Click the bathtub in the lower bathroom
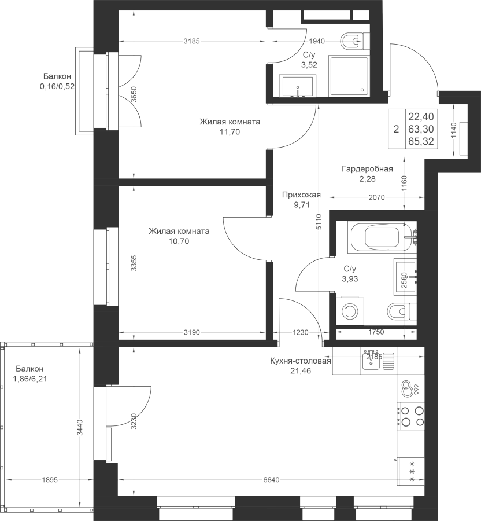[x=373, y=237]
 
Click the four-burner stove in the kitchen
[x=411, y=416]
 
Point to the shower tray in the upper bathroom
[x=347, y=76]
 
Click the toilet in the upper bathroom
[x=353, y=41]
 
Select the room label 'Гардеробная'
[x=367, y=169]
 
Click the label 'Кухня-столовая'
[x=301, y=362]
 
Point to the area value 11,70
[x=230, y=132]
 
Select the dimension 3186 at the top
[x=191, y=41]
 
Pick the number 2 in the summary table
[x=396, y=129]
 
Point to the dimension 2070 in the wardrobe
[x=376, y=198]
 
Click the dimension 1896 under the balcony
[x=51, y=479]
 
